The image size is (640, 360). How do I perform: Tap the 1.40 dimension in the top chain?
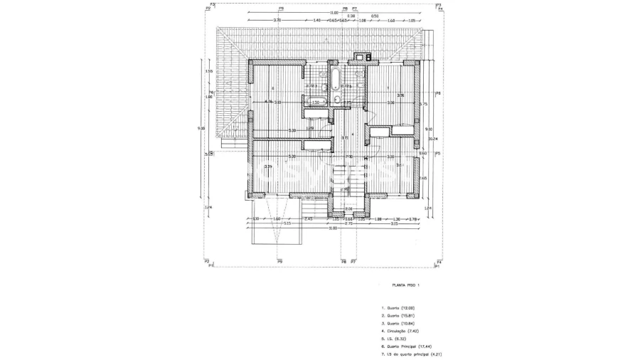(x=316, y=21)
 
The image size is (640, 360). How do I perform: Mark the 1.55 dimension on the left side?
(x=208, y=71)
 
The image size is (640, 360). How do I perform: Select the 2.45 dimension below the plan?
(x=309, y=218)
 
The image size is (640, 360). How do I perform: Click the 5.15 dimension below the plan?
(x=287, y=223)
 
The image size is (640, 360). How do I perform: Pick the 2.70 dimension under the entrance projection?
(x=349, y=223)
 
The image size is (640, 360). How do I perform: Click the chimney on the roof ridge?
(x=364, y=56)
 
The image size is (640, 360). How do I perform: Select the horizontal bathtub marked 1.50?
(x=319, y=102)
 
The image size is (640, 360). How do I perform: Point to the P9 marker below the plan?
(x=280, y=261)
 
